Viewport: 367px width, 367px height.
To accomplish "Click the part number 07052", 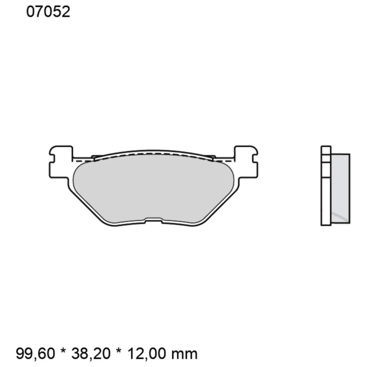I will pos(48,12).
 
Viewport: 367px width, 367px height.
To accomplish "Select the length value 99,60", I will pos(36,353).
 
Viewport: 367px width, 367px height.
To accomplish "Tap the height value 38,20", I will pos(87,353).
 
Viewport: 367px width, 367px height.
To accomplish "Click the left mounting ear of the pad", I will pos(61,161).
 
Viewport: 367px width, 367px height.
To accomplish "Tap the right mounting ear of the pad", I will pos(246,161).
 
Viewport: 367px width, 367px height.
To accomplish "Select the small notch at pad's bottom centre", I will pos(153,220).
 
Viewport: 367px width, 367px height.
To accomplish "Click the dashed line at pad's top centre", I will pos(153,153).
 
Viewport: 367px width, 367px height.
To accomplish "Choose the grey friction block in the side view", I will pos(340,187).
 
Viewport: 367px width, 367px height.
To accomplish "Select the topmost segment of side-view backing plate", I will pos(326,150).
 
